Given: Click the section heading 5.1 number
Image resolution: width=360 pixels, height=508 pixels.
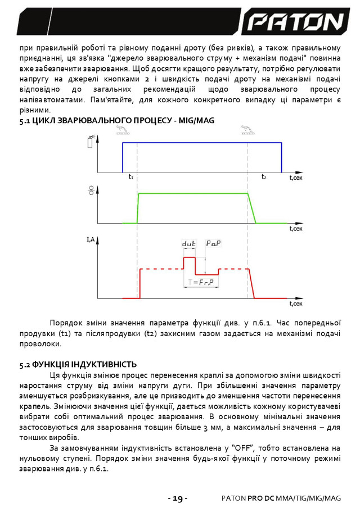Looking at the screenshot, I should click(25, 120).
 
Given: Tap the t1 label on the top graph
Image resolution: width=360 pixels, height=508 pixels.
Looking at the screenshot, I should click(130, 177).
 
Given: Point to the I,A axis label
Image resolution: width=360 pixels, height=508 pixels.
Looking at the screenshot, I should click(91, 241).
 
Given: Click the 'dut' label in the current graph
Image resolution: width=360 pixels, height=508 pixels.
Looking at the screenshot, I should click(188, 244).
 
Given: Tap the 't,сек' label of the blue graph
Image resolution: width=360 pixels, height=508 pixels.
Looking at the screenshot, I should click(296, 178).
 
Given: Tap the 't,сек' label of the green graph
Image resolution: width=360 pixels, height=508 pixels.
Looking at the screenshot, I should click(296, 229).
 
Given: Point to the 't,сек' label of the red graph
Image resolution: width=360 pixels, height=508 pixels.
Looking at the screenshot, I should click(296, 303).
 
